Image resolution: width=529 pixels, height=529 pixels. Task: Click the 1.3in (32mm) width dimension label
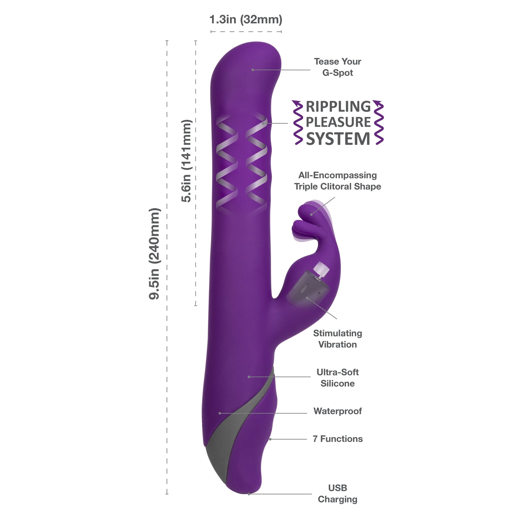point(246,20)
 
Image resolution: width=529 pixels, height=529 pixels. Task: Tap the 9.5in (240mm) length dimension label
point(154,254)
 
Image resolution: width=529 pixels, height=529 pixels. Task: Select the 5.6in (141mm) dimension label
point(186,161)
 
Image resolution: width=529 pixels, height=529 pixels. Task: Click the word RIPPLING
point(338,107)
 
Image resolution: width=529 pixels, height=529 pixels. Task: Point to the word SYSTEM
point(338,139)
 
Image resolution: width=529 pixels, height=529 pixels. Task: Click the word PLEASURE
point(338,122)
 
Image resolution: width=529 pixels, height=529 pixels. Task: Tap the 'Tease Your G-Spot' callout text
point(337,67)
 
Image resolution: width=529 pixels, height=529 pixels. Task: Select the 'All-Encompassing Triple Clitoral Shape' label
point(337,181)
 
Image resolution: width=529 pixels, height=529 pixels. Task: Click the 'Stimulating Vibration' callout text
point(337,339)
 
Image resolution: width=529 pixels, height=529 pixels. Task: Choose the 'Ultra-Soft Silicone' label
point(337,378)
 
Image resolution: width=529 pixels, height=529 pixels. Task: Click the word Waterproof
point(337,411)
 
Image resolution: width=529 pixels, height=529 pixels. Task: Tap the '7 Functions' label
point(337,439)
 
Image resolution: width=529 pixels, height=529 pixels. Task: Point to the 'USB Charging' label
point(337,493)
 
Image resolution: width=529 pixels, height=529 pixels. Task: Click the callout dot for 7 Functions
point(270,439)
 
